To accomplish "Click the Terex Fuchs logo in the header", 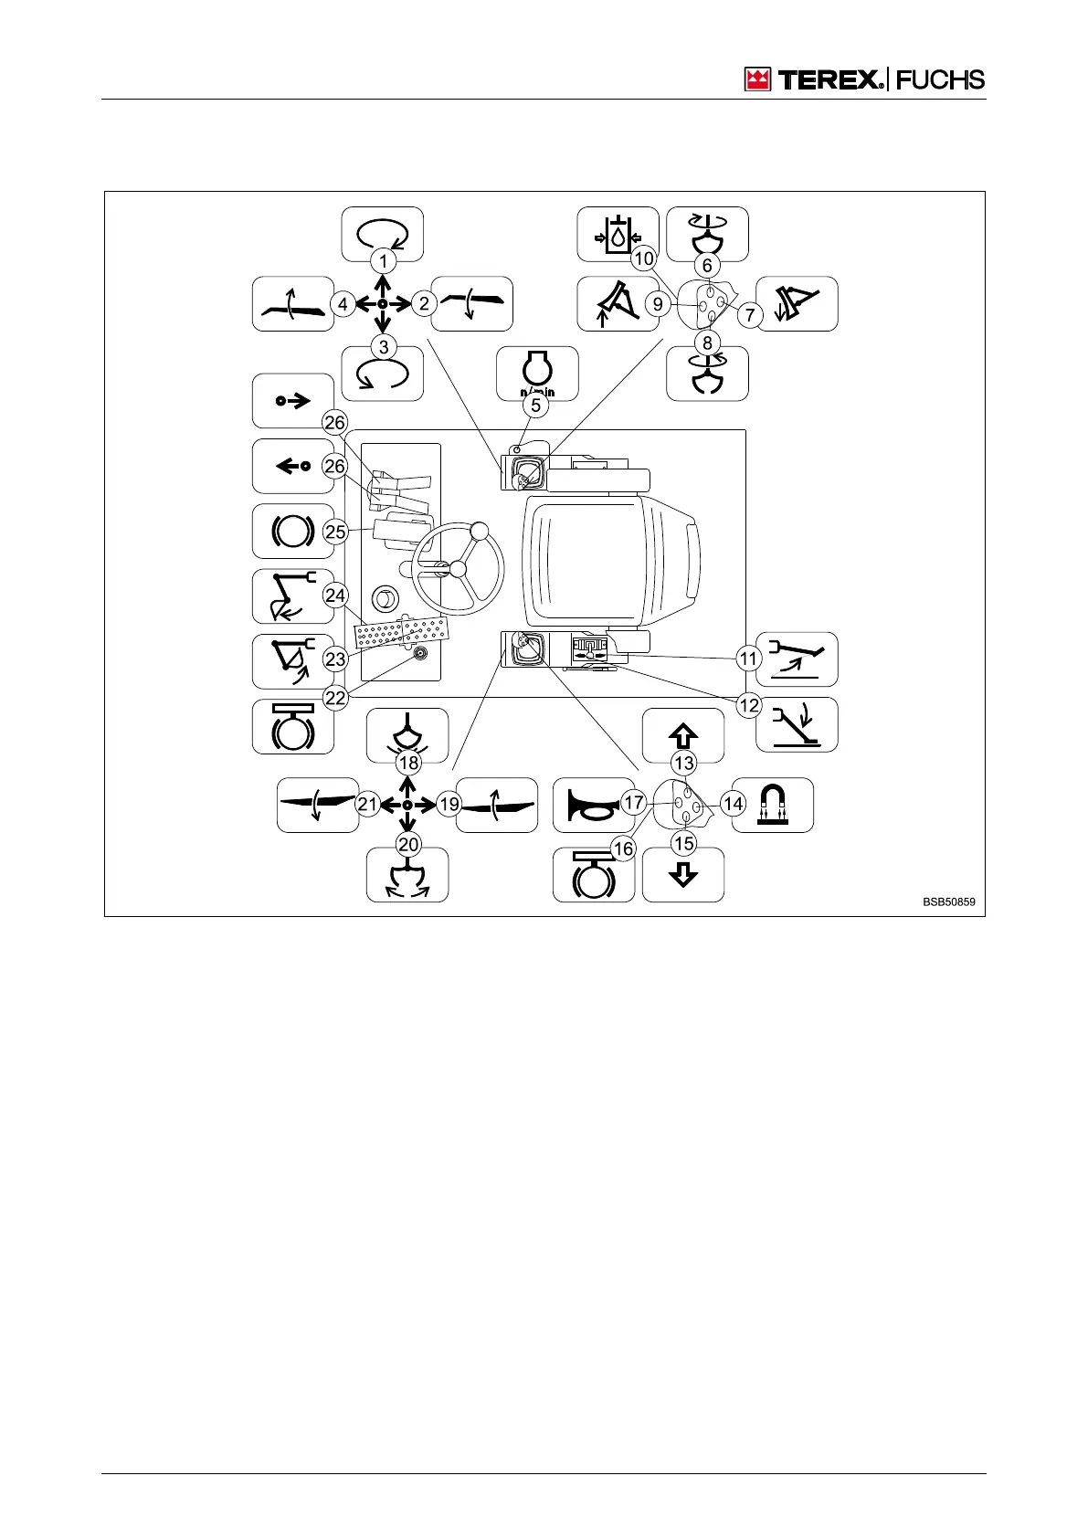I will click(864, 79).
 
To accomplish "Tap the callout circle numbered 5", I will click(536, 405).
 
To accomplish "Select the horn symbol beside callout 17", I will click(588, 805).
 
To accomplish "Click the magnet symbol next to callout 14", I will click(773, 805).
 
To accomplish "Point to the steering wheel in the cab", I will click(458, 569).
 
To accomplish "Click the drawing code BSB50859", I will click(948, 901).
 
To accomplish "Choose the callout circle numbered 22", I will click(336, 698).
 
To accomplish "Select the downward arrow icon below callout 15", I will click(683, 875).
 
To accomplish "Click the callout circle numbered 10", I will click(644, 258).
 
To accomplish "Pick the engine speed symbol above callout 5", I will click(536, 371).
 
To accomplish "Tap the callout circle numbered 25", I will click(336, 532).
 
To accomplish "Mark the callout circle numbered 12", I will click(749, 705).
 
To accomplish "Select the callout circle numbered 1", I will click(384, 261).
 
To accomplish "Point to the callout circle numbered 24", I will click(336, 596).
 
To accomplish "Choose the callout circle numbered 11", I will click(749, 658).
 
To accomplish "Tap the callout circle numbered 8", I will click(707, 344).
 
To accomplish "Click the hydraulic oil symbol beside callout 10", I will click(618, 234).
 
